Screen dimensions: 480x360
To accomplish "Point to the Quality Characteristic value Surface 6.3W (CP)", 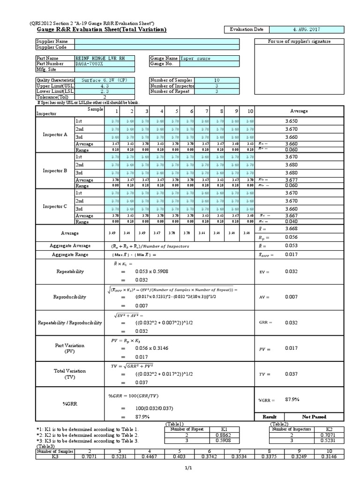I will click(104, 80).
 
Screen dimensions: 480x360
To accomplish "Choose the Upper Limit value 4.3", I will click(104, 86).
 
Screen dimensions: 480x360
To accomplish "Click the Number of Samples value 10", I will click(217, 80).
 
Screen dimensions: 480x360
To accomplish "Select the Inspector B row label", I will click(55, 171).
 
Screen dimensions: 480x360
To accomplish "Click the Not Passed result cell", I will click(314, 416).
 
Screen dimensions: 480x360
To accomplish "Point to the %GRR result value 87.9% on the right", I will click(292, 399).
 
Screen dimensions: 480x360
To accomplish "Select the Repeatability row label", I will click(70, 271).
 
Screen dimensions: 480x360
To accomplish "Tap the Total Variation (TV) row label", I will click(70, 374).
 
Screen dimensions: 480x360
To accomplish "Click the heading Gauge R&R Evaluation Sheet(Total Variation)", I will click(101, 30).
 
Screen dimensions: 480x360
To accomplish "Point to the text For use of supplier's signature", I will click(299, 41).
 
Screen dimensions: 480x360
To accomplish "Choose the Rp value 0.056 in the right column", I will click(292, 237).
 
